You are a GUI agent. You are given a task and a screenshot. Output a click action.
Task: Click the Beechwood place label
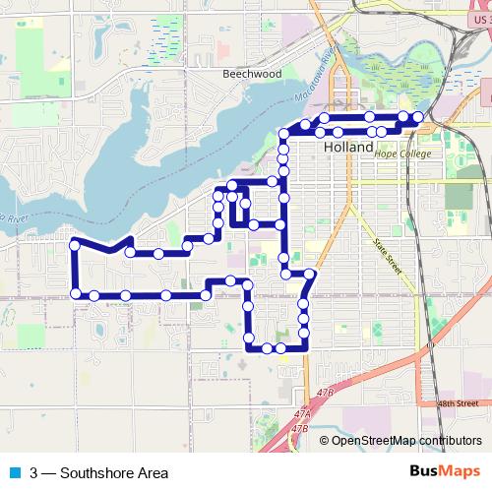252,74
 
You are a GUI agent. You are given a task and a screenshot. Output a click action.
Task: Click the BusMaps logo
448,471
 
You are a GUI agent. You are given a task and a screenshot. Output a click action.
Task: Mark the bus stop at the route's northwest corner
74,244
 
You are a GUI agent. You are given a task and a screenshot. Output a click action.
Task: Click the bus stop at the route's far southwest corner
75,293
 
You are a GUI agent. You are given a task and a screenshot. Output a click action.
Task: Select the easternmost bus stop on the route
418,118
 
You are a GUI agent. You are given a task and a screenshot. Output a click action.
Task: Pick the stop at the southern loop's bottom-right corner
303,344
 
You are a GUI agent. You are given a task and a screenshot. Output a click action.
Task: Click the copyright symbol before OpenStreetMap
326,440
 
